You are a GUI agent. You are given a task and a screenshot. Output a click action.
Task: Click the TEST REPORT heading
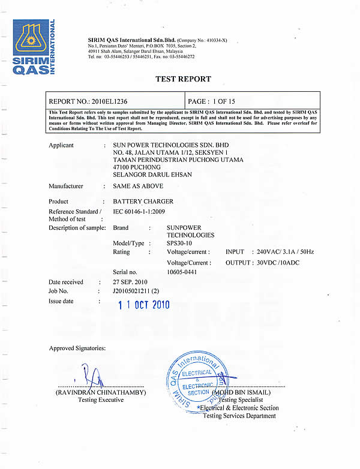pos(183,79)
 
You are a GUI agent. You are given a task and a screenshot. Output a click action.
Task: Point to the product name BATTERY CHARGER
pos(136,202)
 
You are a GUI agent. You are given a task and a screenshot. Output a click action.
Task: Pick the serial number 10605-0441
pos(182,272)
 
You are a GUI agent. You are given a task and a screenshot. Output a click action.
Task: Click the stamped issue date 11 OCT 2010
pos(144,305)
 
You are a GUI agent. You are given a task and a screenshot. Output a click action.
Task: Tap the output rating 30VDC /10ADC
pos(278,262)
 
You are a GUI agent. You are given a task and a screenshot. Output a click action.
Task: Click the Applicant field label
pos(61,145)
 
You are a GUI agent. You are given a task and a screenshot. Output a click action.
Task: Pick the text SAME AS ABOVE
pos(134,186)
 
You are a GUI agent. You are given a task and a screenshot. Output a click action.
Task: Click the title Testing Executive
pos(100,400)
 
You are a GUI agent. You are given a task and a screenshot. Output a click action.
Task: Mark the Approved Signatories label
pos(77,348)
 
